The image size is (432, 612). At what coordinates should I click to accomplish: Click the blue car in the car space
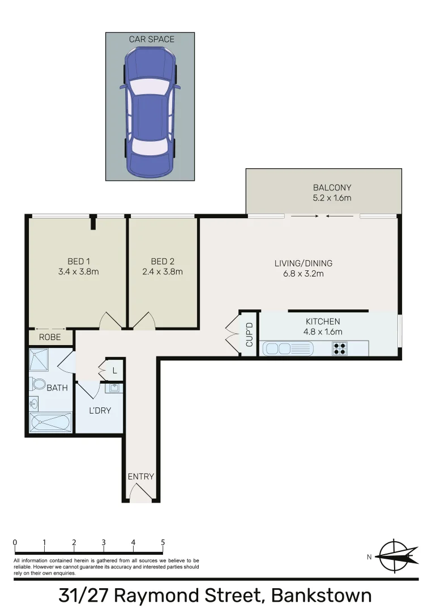pyautogui.click(x=150, y=111)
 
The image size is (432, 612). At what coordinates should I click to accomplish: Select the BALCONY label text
pyautogui.click(x=332, y=188)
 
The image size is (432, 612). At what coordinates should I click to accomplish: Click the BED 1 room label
pyautogui.click(x=79, y=261)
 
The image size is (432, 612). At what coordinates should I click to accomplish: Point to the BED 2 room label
pyautogui.click(x=162, y=261)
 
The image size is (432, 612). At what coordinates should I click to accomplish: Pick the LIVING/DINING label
pyautogui.click(x=303, y=263)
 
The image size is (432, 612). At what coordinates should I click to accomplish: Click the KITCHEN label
pyautogui.click(x=323, y=321)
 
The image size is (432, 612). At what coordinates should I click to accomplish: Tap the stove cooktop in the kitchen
pyautogui.click(x=340, y=348)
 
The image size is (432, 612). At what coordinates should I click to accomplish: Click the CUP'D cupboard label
pyautogui.click(x=249, y=334)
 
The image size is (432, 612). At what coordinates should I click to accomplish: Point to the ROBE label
pyautogui.click(x=50, y=337)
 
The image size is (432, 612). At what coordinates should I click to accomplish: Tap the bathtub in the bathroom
pyautogui.click(x=50, y=423)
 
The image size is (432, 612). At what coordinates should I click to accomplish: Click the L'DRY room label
pyautogui.click(x=100, y=410)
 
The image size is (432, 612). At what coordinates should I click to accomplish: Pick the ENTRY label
pyautogui.click(x=140, y=477)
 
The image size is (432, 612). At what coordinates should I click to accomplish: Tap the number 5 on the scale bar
pyautogui.click(x=163, y=542)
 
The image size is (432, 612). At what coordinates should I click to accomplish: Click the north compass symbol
pyautogui.click(x=398, y=555)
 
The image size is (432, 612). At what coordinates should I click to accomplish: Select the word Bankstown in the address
pyautogui.click(x=321, y=596)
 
